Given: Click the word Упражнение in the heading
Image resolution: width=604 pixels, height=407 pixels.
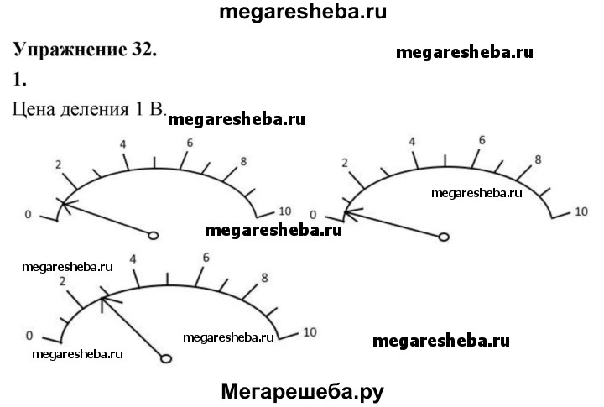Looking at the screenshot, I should click(x=70, y=50).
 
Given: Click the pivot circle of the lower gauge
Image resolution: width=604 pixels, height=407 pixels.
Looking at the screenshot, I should click(x=165, y=358).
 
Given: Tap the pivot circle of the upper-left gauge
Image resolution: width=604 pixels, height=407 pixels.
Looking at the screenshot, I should click(x=154, y=236).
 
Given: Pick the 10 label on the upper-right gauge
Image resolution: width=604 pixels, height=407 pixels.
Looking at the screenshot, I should click(x=581, y=211).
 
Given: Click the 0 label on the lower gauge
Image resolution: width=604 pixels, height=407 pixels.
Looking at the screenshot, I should click(x=29, y=336).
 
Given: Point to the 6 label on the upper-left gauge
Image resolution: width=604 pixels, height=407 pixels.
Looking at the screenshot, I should click(x=190, y=143).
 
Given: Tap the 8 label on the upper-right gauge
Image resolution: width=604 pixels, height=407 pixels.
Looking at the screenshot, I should click(x=538, y=159).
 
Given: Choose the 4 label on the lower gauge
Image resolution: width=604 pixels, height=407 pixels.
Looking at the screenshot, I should click(x=133, y=260).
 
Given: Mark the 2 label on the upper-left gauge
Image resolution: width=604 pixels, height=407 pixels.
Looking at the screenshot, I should click(x=59, y=164).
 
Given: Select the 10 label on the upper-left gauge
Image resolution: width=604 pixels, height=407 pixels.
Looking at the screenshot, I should click(x=284, y=211).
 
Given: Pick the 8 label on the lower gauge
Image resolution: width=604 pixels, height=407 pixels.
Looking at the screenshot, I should click(x=264, y=278).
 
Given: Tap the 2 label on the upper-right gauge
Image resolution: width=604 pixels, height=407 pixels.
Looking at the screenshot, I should click(x=345, y=161).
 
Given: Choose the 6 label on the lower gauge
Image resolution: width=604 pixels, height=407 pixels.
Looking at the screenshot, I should click(x=206, y=257).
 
